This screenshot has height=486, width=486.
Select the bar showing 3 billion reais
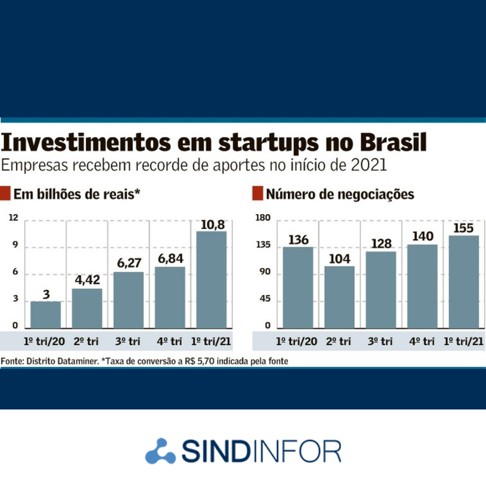click(x=45, y=315)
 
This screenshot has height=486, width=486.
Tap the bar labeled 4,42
click(x=87, y=308)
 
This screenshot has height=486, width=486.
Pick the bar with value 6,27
click(x=128, y=300)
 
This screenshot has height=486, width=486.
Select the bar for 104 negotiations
click(x=339, y=297)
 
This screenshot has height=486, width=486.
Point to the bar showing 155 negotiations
click(x=463, y=282)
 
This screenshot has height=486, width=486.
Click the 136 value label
click(x=298, y=239)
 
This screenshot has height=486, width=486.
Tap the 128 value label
click(x=381, y=243)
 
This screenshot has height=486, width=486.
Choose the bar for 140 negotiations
click(x=422, y=286)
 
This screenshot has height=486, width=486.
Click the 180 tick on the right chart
click(x=263, y=218)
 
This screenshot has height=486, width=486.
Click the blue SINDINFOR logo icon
click(x=161, y=450)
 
